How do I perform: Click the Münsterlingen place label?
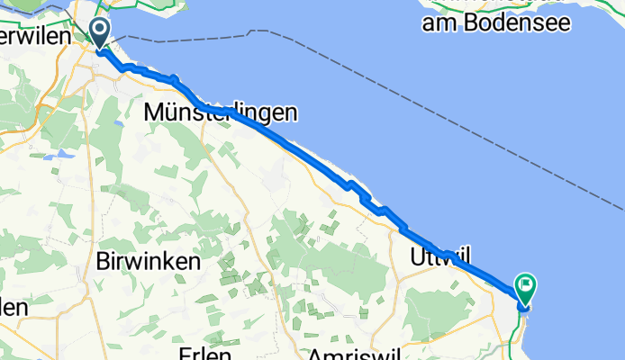tap(221, 113)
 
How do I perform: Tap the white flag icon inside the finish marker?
tap(525, 286)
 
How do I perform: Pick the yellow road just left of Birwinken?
tap(88, 261)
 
